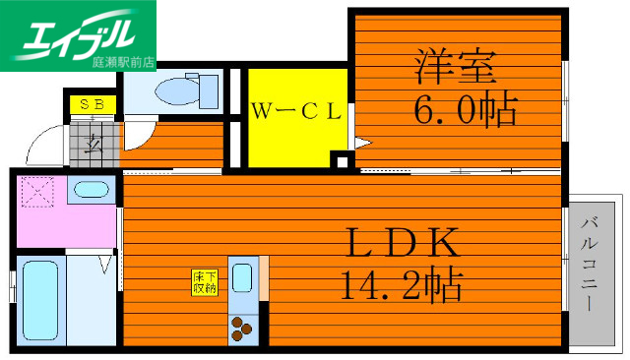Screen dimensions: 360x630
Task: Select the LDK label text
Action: pyautogui.click(x=400, y=241)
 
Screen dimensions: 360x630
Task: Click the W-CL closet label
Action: pyautogui.click(x=295, y=111)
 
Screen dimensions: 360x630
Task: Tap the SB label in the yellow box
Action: pyautogui.click(x=92, y=102)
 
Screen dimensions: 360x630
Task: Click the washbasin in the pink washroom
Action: pyautogui.click(x=92, y=191)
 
